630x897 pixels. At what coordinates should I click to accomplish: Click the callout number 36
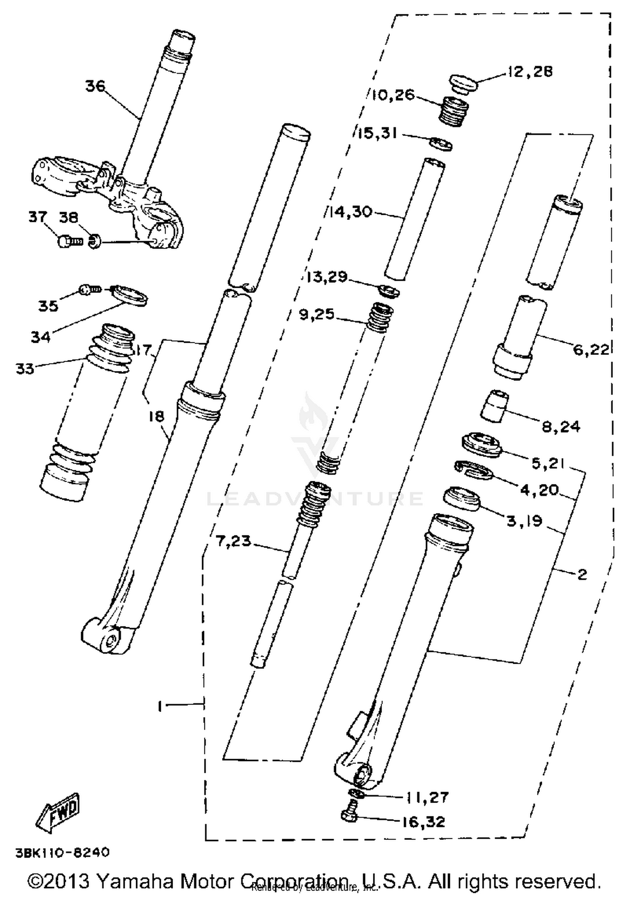[x=95, y=86]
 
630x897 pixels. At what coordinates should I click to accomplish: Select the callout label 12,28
[x=530, y=72]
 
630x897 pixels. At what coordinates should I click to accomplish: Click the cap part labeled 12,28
[x=464, y=84]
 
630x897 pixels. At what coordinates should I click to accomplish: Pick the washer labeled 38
[x=95, y=242]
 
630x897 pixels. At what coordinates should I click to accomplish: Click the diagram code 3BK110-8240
[x=62, y=853]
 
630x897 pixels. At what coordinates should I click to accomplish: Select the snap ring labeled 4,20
[x=473, y=469]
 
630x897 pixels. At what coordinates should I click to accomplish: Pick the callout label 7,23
[x=233, y=541]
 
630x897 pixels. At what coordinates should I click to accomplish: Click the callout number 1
[x=160, y=707]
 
